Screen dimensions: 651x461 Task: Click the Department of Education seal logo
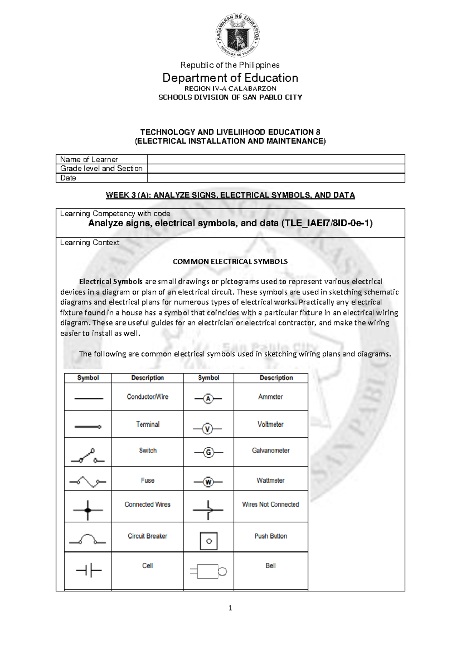[x=237, y=35]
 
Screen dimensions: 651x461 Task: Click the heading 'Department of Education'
[x=230, y=78]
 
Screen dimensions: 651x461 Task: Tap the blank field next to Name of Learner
[x=276, y=159]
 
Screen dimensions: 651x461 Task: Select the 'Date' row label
[x=68, y=178]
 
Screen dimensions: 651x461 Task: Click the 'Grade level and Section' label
[x=101, y=169]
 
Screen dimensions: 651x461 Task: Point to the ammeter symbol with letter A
[x=208, y=399]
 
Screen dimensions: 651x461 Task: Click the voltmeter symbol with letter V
[x=207, y=428]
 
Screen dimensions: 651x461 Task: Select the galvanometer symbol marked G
[x=208, y=453]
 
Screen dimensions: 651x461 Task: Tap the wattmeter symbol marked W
[x=208, y=482]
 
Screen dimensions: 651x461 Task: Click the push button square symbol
[x=209, y=541]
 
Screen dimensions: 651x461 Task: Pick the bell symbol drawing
[x=208, y=572]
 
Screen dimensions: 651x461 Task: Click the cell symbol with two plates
[x=88, y=570]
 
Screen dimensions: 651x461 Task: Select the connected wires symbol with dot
[x=88, y=510]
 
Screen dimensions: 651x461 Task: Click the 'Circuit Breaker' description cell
[x=148, y=536]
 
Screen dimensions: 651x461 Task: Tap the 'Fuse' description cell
[x=148, y=480]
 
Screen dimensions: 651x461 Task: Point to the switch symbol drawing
[x=88, y=456]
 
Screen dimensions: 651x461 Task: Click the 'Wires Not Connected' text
[x=270, y=504]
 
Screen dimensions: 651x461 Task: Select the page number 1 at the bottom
[x=230, y=608]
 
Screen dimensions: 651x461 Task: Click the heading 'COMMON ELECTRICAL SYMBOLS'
[x=230, y=261]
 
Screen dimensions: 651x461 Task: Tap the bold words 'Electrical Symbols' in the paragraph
[x=111, y=281]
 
